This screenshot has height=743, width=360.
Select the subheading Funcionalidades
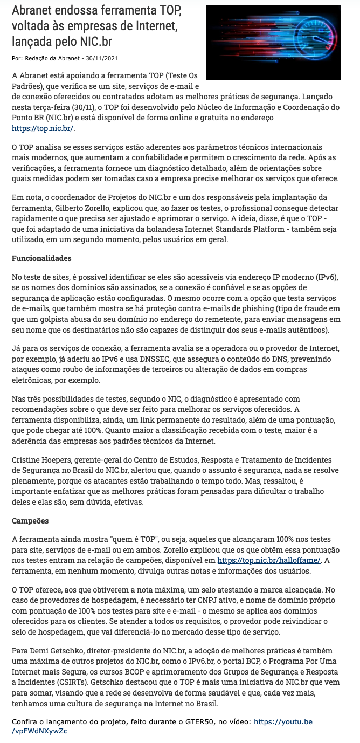[41, 258]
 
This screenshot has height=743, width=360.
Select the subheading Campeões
[30, 521]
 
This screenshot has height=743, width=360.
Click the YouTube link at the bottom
[282, 721]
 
